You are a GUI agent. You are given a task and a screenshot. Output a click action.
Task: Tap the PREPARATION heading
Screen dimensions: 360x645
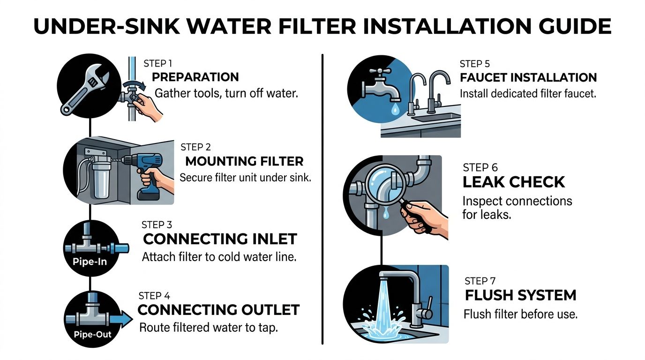(x=195, y=77)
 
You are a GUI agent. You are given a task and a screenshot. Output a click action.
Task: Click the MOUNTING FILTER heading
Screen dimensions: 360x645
(x=244, y=162)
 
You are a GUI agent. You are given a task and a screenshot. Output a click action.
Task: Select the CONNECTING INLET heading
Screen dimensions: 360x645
(x=220, y=239)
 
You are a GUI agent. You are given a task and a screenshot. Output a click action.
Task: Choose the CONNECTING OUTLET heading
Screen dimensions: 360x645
(x=218, y=310)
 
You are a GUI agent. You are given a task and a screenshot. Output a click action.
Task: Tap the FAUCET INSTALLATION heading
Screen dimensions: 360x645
(x=528, y=77)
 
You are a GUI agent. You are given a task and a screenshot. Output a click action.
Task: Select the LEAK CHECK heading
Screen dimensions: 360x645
(x=514, y=182)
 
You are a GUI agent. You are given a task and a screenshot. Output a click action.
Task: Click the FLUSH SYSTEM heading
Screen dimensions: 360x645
(x=520, y=295)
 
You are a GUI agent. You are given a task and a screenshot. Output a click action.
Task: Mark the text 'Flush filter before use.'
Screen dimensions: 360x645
(x=520, y=314)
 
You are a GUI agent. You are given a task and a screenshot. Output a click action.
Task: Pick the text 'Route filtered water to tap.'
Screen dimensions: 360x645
(x=209, y=328)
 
